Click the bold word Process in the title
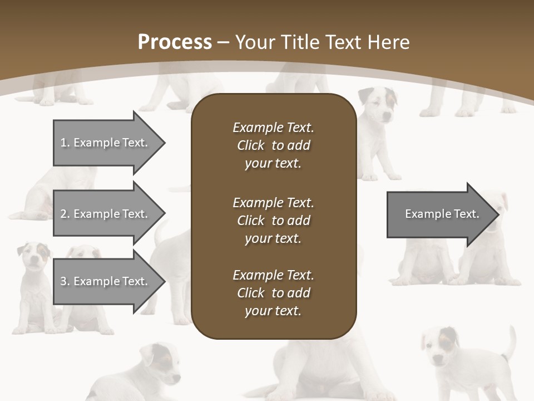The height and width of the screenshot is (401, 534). pyautogui.click(x=175, y=42)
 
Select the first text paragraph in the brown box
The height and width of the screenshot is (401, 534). pyautogui.click(x=273, y=145)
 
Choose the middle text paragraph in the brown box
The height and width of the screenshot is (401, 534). pyautogui.click(x=273, y=221)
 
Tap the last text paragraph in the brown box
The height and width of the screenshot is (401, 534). pyautogui.click(x=273, y=293)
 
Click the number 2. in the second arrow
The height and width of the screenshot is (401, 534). pyautogui.click(x=65, y=214)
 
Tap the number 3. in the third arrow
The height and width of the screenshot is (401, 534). pyautogui.click(x=65, y=281)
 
